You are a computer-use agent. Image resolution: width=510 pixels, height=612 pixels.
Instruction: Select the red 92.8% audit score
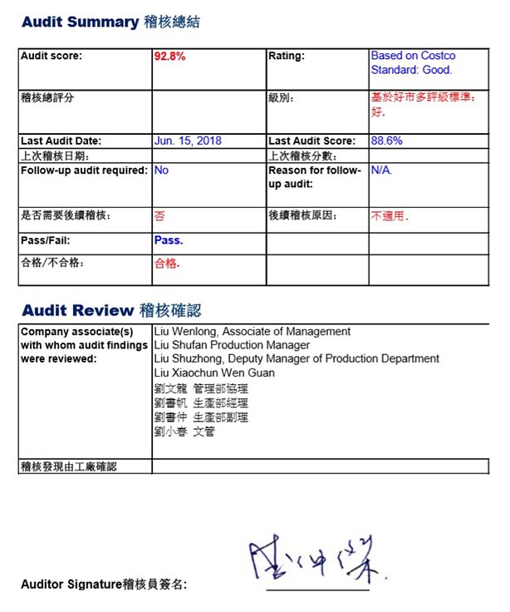coord(169,57)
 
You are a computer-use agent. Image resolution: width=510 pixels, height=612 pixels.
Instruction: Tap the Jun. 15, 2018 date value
coord(188,141)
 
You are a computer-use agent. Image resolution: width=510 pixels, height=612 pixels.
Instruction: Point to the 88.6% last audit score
coord(386,141)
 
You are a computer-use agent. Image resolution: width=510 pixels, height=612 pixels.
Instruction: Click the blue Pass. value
coord(169,240)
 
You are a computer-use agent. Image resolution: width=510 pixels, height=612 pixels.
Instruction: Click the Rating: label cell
coord(287,57)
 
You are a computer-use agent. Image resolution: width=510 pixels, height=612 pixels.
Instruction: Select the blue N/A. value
coord(381,170)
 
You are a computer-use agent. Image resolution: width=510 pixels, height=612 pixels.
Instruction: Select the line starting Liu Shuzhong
coord(297,358)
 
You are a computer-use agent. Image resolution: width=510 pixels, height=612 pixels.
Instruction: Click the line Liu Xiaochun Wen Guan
coord(214,373)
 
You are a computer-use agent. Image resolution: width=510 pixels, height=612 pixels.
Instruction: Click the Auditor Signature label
coord(104,585)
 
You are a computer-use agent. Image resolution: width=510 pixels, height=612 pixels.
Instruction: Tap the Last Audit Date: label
coord(61,141)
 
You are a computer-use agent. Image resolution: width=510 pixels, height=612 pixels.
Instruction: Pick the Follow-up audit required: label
coord(84,170)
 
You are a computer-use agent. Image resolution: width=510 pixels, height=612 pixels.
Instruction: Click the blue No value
coord(161,170)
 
